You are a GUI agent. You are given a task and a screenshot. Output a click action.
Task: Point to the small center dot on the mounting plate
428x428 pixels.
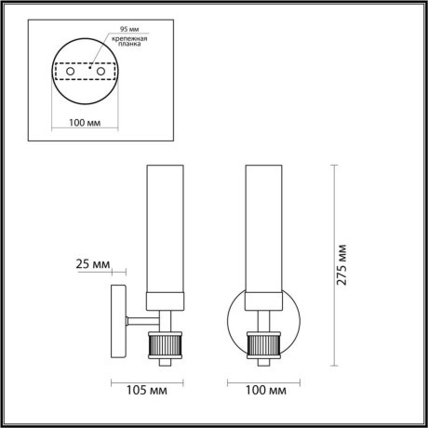click(x=85, y=66)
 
